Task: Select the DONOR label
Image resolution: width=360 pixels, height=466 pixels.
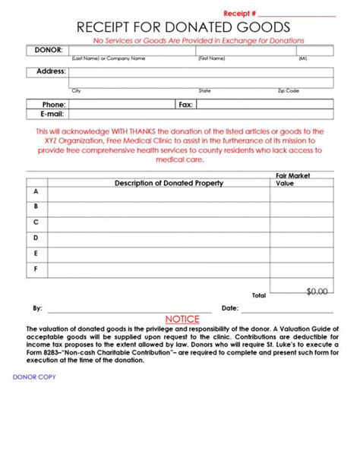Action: [48, 50]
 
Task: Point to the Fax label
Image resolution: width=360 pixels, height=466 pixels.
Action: [185, 104]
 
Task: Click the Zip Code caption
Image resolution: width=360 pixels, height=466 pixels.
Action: [288, 90]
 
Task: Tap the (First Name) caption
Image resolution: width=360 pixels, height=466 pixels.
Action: [211, 58]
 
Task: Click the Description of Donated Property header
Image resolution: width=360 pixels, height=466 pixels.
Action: [169, 183]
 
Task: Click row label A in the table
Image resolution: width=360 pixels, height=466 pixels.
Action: [36, 193]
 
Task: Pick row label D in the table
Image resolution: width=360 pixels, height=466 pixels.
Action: [36, 238]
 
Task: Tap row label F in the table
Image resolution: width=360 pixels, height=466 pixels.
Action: [36, 269]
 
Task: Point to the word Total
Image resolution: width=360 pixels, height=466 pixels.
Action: [259, 294]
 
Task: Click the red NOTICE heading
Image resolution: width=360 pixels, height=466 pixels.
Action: [182, 319]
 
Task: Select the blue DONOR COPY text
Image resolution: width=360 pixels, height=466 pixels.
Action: [34, 376]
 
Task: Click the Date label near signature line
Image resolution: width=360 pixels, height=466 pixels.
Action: [229, 308]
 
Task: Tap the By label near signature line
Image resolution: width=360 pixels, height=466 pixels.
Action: [37, 308]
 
